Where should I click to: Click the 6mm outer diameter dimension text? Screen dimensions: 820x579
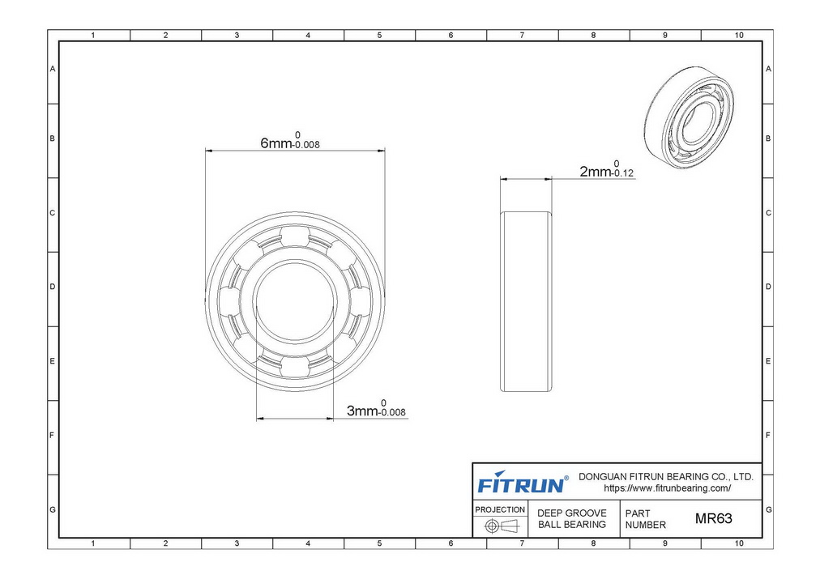(x=290, y=141)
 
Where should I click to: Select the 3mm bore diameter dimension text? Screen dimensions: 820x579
(x=377, y=409)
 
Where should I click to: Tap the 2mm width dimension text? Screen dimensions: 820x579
(x=607, y=169)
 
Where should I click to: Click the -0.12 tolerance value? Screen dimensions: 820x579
(x=622, y=173)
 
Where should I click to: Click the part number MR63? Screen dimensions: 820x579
(x=713, y=518)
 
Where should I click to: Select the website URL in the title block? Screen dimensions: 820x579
(x=668, y=488)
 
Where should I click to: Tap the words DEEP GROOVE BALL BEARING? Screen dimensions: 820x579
(x=572, y=519)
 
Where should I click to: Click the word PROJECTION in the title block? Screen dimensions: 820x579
(x=500, y=509)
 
